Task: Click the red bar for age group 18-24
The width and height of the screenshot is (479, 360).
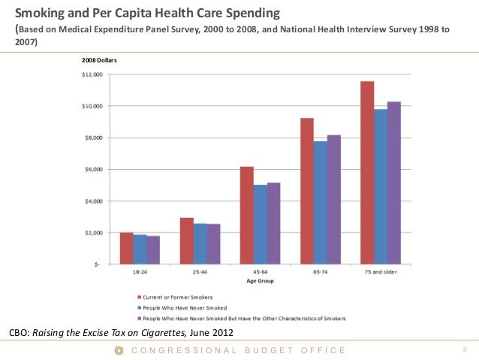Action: coord(126,249)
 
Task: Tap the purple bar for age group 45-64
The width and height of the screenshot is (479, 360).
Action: coord(273,223)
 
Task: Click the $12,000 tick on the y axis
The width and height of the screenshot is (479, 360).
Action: coord(92,74)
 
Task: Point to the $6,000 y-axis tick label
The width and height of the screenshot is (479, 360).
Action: coord(93,169)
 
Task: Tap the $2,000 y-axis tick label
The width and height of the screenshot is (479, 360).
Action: coord(93,232)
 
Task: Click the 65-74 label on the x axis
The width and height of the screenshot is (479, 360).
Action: coord(320,271)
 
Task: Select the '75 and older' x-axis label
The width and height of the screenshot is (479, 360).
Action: coord(380,271)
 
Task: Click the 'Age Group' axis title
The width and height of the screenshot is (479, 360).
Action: coord(259,281)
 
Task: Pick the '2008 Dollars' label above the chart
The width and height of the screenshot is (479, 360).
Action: coord(97,59)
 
